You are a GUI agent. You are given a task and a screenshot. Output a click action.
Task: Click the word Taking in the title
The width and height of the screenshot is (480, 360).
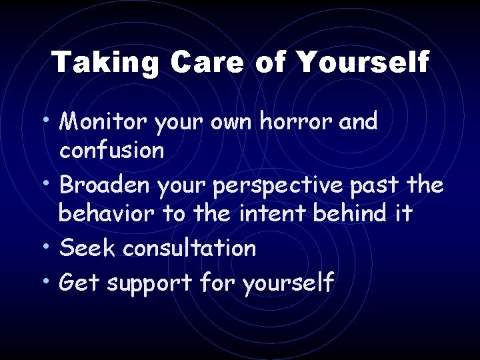tap(105, 63)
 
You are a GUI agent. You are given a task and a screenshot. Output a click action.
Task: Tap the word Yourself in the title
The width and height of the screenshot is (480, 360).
tap(362, 63)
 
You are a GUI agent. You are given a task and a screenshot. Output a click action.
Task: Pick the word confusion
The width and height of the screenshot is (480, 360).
tap(111, 150)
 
